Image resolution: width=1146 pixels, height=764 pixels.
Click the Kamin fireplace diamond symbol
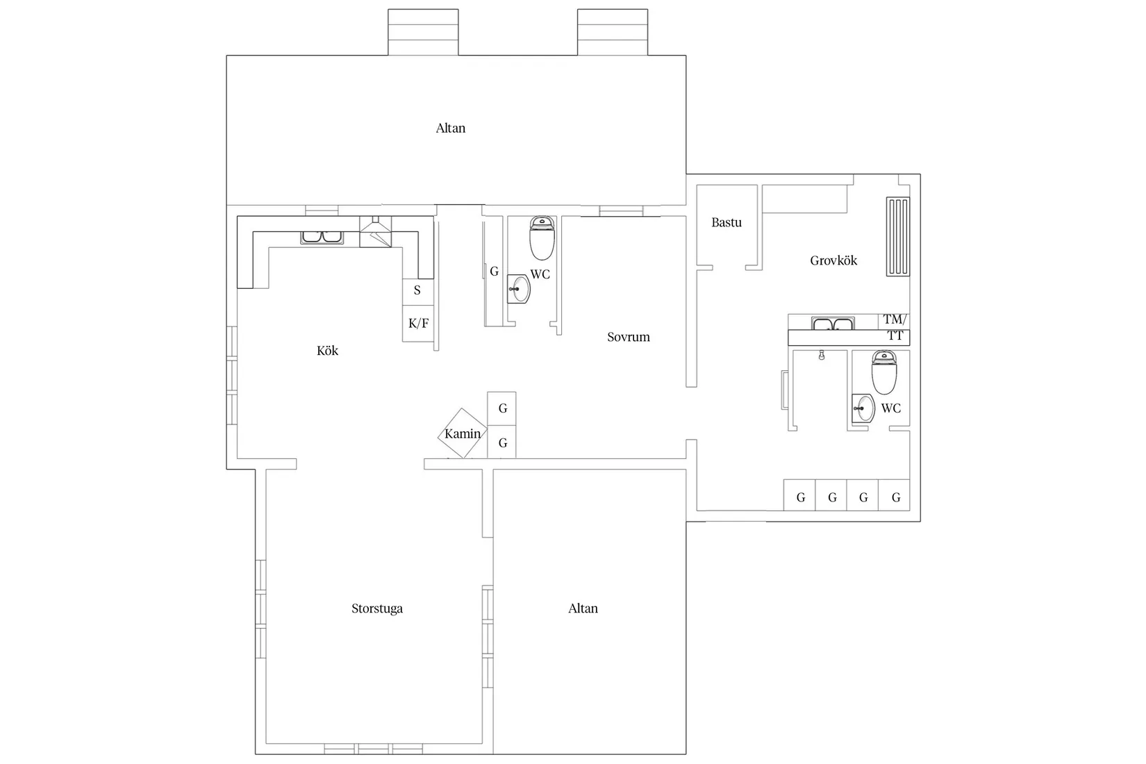tap(463, 433)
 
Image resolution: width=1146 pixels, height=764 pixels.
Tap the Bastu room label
tap(726, 222)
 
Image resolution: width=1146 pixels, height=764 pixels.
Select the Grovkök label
tap(833, 260)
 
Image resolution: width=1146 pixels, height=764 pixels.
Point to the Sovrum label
tap(629, 337)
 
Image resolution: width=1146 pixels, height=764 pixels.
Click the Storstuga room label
tap(377, 608)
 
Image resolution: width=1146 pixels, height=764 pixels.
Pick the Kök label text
tap(327, 351)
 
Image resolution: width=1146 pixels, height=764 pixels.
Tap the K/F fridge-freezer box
tap(418, 324)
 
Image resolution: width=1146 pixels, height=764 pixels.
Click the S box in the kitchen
tap(418, 292)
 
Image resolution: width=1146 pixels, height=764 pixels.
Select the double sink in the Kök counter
tap(322, 238)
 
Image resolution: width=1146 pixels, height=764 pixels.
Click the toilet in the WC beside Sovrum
tap(542, 238)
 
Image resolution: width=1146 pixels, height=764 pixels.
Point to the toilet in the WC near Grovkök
tap(884, 372)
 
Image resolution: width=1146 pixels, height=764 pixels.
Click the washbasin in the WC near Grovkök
tap(863, 408)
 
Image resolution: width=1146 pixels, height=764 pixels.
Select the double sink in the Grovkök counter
tap(832, 324)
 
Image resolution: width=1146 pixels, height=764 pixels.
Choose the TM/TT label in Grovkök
tap(895, 328)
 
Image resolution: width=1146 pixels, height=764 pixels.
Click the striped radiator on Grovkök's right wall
tap(898, 236)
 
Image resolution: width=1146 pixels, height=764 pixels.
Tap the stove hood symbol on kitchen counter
tap(376, 232)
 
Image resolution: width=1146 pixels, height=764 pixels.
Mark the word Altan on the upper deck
tap(451, 128)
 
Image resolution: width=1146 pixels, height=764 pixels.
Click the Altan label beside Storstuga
tap(583, 608)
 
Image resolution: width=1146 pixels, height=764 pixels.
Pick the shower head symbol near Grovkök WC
tap(822, 355)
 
